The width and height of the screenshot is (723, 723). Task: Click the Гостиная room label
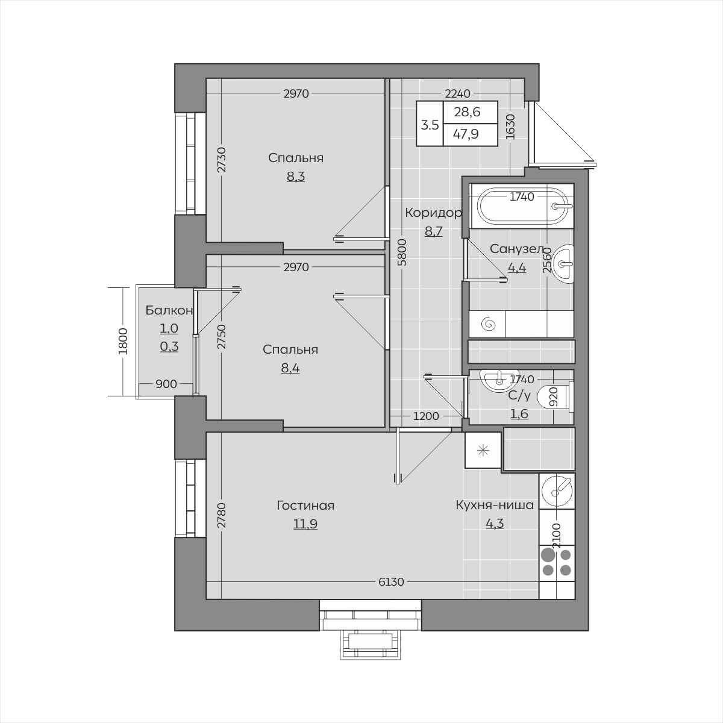click(x=305, y=505)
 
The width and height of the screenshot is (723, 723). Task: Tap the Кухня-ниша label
click(x=495, y=505)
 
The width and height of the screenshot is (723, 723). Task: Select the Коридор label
click(x=433, y=213)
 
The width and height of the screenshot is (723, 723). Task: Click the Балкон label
click(x=169, y=310)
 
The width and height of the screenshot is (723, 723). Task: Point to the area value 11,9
click(x=305, y=524)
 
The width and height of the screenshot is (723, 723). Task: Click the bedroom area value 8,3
click(x=296, y=177)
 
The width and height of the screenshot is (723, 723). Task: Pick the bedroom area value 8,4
click(x=290, y=368)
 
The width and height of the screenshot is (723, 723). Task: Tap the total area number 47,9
click(x=466, y=134)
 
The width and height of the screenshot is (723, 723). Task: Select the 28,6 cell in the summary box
click(x=467, y=112)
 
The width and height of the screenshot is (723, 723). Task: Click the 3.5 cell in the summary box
click(x=430, y=125)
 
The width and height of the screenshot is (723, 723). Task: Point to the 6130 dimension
click(x=392, y=582)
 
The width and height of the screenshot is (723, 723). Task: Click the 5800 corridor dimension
click(x=402, y=252)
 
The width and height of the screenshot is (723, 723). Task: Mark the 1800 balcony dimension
click(x=123, y=341)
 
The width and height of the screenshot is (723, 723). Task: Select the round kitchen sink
click(x=557, y=491)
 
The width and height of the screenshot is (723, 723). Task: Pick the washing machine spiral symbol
click(x=489, y=324)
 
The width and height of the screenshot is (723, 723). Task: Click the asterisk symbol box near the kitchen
click(x=483, y=450)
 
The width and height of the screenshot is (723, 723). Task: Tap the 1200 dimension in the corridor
click(x=426, y=416)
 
